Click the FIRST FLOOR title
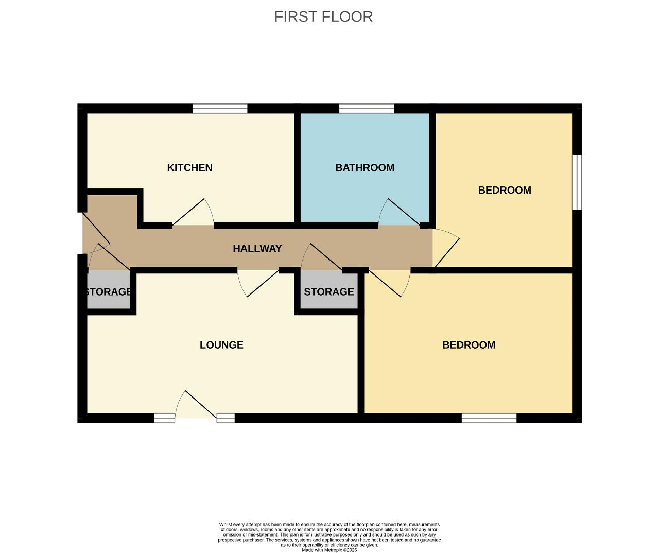click(323, 16)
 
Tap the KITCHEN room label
click(189, 168)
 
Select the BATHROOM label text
click(365, 168)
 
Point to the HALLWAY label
click(257, 249)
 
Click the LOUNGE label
click(221, 345)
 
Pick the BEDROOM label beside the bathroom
click(505, 190)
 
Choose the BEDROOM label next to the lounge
click(469, 345)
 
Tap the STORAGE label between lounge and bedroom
click(329, 291)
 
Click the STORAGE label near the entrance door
click(108, 291)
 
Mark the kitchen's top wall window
click(220, 109)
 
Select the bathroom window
click(367, 109)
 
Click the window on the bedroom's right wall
click(577, 182)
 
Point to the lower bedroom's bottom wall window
click(489, 418)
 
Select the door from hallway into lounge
click(258, 283)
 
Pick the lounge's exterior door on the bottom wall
click(196, 404)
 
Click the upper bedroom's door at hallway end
click(446, 248)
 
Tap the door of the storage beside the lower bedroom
click(322, 257)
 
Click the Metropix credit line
click(329, 550)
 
